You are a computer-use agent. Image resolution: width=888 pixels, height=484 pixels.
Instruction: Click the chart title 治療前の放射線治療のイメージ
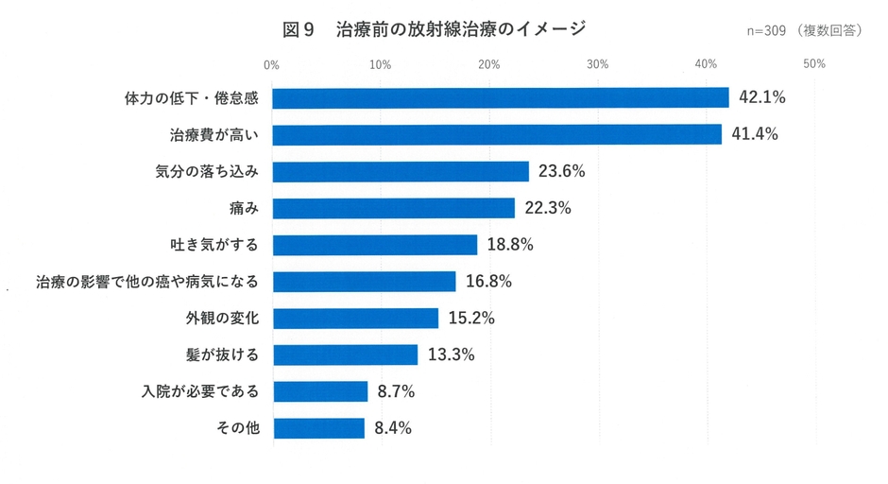pyautogui.click(x=460, y=29)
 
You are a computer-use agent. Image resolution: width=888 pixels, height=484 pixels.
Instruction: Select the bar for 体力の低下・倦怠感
pyautogui.click(x=501, y=97)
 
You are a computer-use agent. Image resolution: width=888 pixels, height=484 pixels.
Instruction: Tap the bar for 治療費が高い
pyautogui.click(x=497, y=134)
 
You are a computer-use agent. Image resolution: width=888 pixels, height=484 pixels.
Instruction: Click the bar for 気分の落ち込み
pyautogui.click(x=401, y=171)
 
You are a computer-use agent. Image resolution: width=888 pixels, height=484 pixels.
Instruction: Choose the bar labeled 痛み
pyautogui.click(x=394, y=208)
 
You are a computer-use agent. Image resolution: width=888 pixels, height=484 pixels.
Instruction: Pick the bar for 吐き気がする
pyautogui.click(x=375, y=245)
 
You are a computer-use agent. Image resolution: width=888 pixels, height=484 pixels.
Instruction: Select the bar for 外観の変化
pyautogui.click(x=355, y=318)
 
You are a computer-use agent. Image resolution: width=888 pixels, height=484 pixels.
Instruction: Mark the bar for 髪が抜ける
pyautogui.click(x=345, y=354)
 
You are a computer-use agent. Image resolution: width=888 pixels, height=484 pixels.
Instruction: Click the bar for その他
pyautogui.click(x=318, y=428)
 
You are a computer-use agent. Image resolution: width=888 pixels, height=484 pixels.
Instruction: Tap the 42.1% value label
pyautogui.click(x=761, y=97)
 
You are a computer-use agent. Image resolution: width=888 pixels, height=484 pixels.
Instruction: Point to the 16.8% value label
pyautogui.click(x=488, y=282)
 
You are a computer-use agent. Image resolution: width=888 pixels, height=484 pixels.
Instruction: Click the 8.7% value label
pyautogui.click(x=396, y=391)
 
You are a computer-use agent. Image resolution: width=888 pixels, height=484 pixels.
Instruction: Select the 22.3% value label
pyautogui.click(x=548, y=208)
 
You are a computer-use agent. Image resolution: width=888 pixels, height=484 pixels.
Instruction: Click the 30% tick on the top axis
pyautogui.click(x=597, y=64)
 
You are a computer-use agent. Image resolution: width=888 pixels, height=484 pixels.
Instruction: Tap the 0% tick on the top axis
pyautogui.click(x=272, y=64)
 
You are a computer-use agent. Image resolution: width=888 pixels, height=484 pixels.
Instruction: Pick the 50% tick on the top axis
pyautogui.click(x=814, y=64)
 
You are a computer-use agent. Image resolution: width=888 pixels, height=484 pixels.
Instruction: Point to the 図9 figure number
pyautogui.click(x=298, y=29)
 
